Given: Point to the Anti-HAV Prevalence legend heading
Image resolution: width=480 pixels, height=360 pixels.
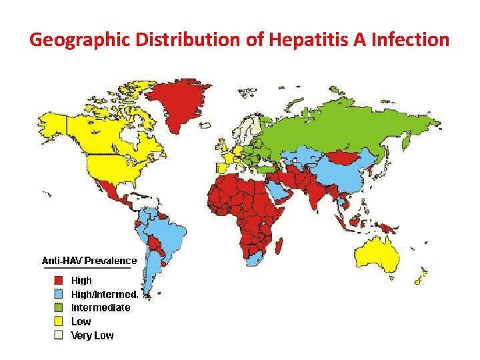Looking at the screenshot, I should tap(89, 261).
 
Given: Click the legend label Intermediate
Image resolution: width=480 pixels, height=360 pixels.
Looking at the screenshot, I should tap(101, 308).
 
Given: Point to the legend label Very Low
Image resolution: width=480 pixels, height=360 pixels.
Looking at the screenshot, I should tap(92, 335).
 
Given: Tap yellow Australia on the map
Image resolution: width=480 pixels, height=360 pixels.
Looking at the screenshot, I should tap(377, 253).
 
